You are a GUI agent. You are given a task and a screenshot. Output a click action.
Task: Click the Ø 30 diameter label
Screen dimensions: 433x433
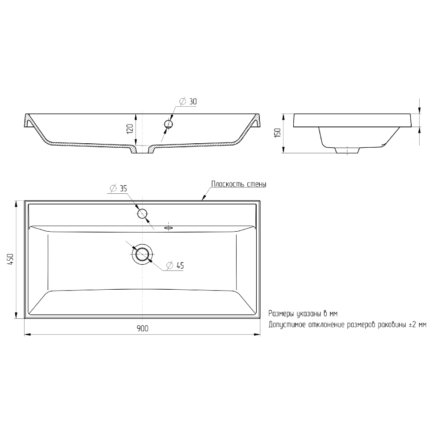[x=188, y=102]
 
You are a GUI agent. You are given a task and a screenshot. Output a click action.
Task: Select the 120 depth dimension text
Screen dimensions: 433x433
[x=130, y=129]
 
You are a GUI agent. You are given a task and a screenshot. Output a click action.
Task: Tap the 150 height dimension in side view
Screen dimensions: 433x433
[x=278, y=133]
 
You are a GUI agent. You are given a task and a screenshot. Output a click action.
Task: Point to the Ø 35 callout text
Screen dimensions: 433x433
[x=118, y=189]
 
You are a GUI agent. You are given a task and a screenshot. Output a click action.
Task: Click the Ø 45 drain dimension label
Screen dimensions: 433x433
[x=175, y=266]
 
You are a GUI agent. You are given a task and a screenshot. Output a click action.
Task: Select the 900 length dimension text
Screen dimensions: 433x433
[x=142, y=329]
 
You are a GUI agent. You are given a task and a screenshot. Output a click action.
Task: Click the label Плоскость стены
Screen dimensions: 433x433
[x=239, y=184]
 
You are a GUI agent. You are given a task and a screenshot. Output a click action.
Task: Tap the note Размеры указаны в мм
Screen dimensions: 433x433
[x=303, y=314]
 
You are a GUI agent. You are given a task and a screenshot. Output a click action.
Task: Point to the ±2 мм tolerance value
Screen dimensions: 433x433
[x=418, y=325]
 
